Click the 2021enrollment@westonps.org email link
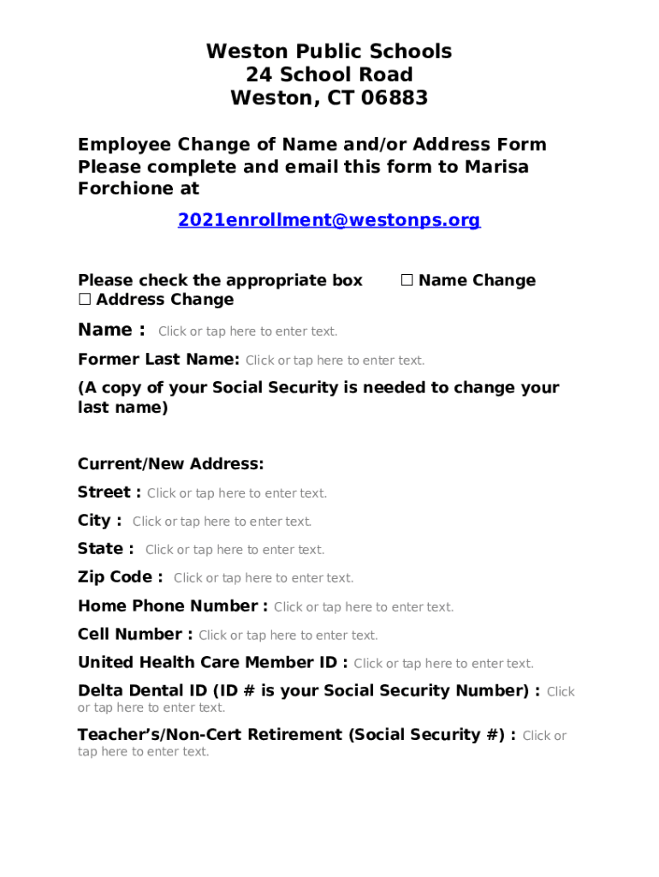(329, 221)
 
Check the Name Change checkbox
(407, 280)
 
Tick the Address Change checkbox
(85, 300)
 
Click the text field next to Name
(247, 331)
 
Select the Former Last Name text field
(335, 361)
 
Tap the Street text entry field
(236, 493)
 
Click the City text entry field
(222, 522)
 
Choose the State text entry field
(235, 550)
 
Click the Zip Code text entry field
(263, 578)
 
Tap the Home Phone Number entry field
(363, 607)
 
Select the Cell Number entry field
(288, 635)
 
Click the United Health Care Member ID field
(443, 664)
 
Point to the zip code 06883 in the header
(395, 98)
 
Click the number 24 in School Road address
(258, 75)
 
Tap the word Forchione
(138, 188)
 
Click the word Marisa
(496, 167)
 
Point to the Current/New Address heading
(170, 464)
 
